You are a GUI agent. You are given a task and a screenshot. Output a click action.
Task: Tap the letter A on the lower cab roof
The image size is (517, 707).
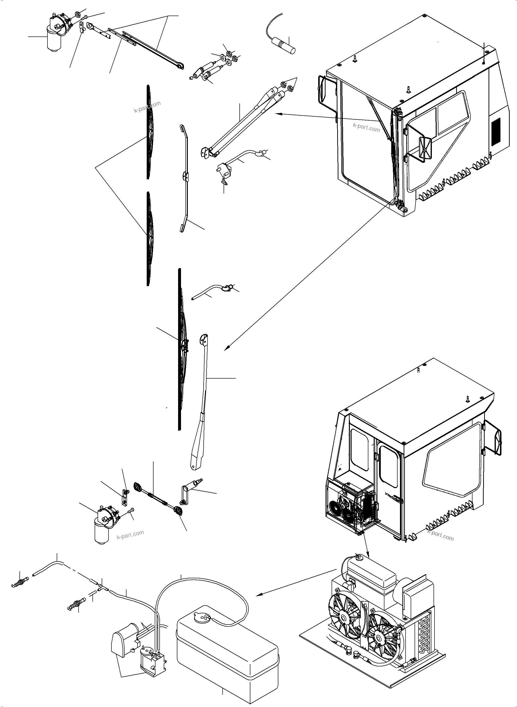tap(418, 370)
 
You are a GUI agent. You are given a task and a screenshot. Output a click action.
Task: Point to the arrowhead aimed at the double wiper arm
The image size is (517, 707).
tap(277, 114)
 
